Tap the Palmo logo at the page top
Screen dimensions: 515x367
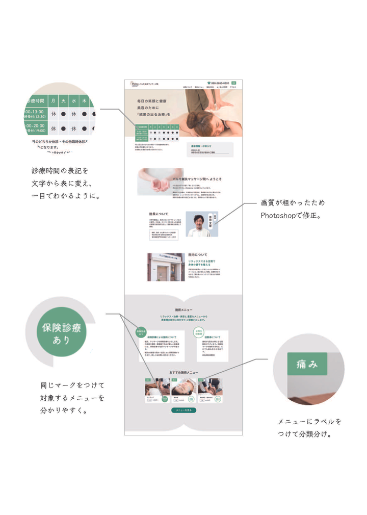click(135, 83)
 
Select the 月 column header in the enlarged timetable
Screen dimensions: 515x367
click(54, 101)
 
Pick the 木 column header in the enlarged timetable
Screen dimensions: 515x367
click(85, 101)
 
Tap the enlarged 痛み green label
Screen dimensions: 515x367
click(307, 364)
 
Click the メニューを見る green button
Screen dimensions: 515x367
click(183, 409)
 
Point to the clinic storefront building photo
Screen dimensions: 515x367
click(166, 267)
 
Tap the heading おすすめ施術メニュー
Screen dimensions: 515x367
click(184, 373)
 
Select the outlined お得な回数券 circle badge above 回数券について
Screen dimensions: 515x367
click(199, 332)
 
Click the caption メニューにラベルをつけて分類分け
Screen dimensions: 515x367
click(309, 428)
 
